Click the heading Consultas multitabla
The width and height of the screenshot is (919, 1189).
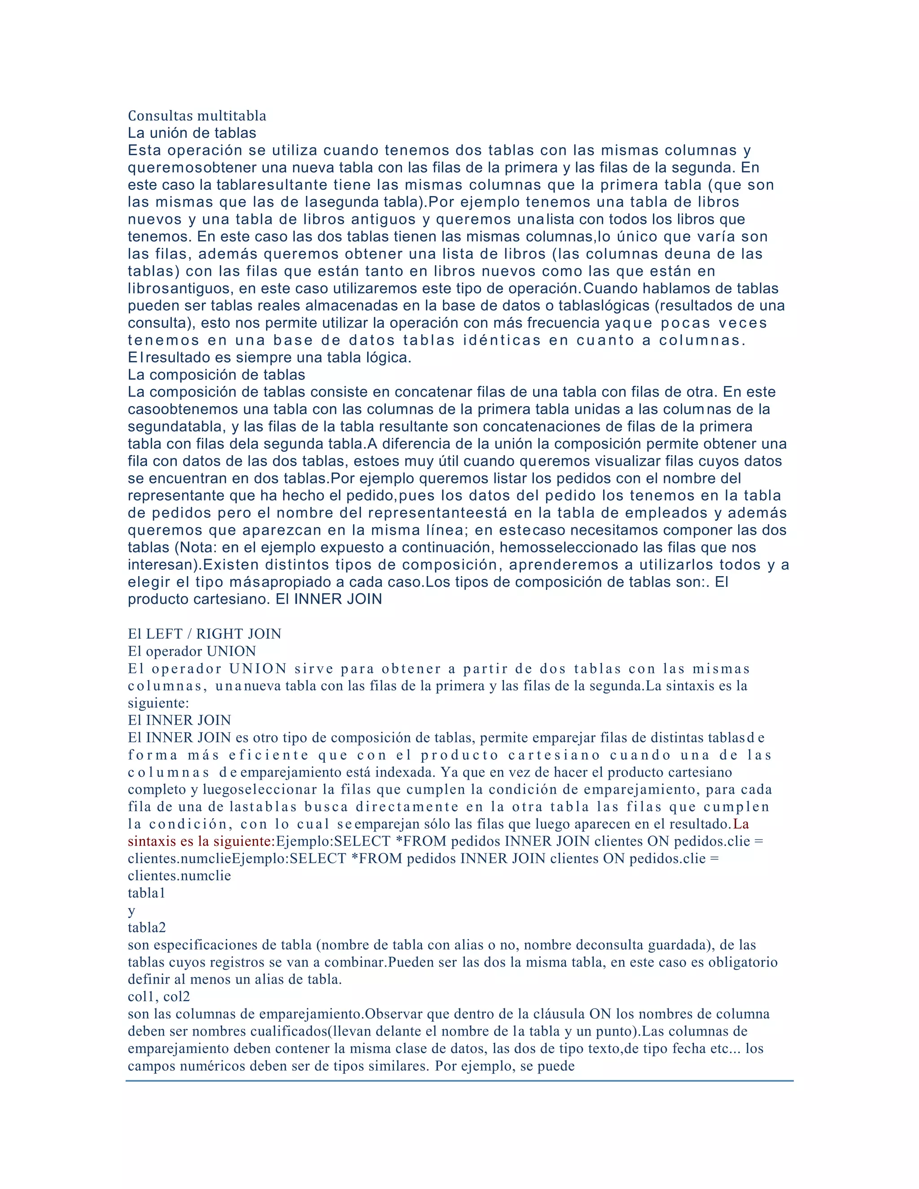coord(197,116)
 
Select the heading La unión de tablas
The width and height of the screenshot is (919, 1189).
coord(192,133)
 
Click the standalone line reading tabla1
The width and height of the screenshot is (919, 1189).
coord(146,893)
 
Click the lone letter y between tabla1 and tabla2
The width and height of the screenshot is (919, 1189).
coord(131,911)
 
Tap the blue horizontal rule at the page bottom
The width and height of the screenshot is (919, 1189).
coord(459,1081)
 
